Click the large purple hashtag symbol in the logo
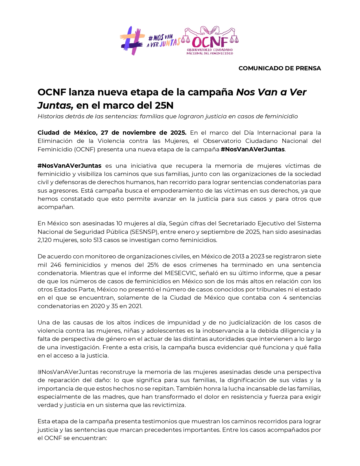(x=132, y=41)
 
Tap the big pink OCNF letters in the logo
(x=210, y=42)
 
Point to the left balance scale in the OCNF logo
(x=186, y=38)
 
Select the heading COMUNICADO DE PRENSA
(x=280, y=68)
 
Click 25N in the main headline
(x=164, y=105)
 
